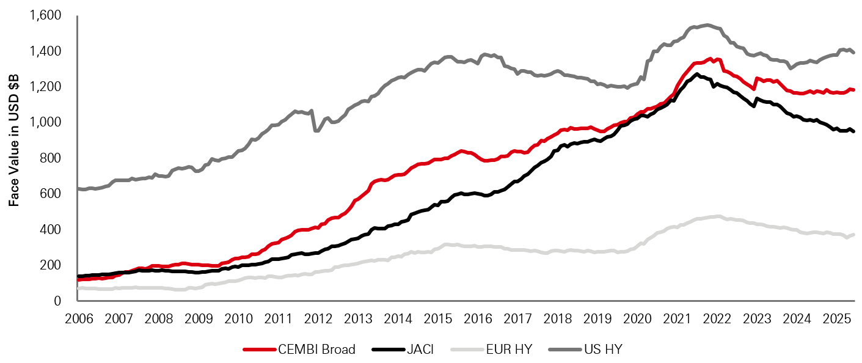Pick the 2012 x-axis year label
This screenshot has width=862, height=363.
(x=317, y=319)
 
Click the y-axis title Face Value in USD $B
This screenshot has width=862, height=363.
(x=13, y=158)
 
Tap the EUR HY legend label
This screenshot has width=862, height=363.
(x=510, y=350)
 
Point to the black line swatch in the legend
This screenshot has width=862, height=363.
(x=387, y=350)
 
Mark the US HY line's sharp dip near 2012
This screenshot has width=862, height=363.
(x=316, y=130)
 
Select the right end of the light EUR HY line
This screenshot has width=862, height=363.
(x=853, y=235)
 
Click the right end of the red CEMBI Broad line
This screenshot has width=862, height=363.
(x=853, y=90)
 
